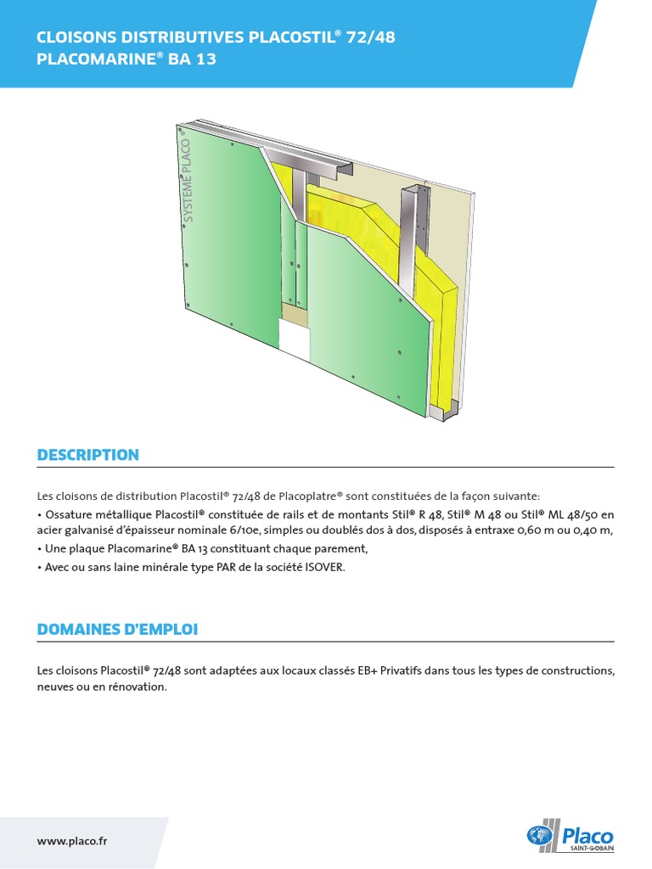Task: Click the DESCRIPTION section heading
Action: point(87,455)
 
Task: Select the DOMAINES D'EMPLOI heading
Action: point(117,630)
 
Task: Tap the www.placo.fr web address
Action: point(72,841)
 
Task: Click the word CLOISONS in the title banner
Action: point(74,37)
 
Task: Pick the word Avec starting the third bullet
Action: point(56,568)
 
